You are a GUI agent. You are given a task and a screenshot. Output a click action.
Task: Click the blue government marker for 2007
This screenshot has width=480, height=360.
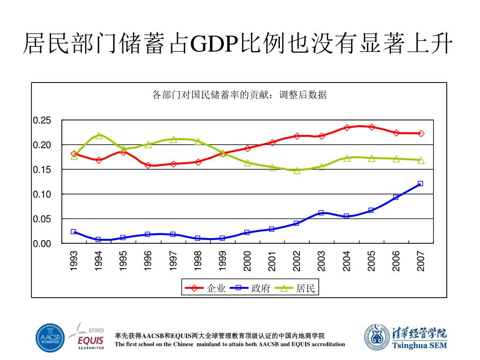coord(420,184)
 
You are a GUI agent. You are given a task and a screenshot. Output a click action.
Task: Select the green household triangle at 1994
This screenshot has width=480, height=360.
coord(99,135)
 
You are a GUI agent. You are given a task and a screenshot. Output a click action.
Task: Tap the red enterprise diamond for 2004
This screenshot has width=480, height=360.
coord(347,127)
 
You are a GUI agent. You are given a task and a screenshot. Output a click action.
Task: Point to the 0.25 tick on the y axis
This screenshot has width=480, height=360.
coord(42,120)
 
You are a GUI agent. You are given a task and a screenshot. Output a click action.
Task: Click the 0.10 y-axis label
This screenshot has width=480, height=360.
coord(42,194)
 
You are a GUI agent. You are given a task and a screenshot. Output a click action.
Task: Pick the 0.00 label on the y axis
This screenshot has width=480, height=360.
coord(42,244)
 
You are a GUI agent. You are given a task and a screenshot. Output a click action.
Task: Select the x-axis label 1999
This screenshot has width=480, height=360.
coord(223,261)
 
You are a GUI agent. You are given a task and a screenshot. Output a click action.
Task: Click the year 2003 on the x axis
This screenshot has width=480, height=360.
coord(322,261)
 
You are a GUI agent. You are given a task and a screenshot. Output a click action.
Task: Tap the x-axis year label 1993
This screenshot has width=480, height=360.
coord(74,261)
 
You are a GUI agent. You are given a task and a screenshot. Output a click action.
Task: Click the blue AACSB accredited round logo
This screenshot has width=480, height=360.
coord(50,338)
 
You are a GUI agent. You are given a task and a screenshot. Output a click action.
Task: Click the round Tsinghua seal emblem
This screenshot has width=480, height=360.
coord(376,338)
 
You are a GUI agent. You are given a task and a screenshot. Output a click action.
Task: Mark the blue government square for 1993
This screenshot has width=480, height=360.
coord(74,232)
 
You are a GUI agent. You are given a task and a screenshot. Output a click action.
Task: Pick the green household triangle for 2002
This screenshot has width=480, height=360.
coord(297,171)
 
